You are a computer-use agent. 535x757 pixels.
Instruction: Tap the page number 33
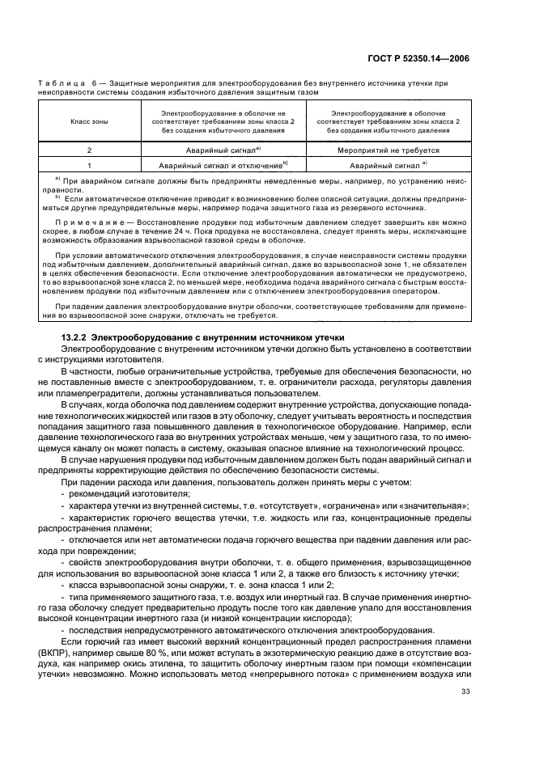(465, 714)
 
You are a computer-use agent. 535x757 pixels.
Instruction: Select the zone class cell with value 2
(89, 150)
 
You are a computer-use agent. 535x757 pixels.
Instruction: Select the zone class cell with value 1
(89, 164)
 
